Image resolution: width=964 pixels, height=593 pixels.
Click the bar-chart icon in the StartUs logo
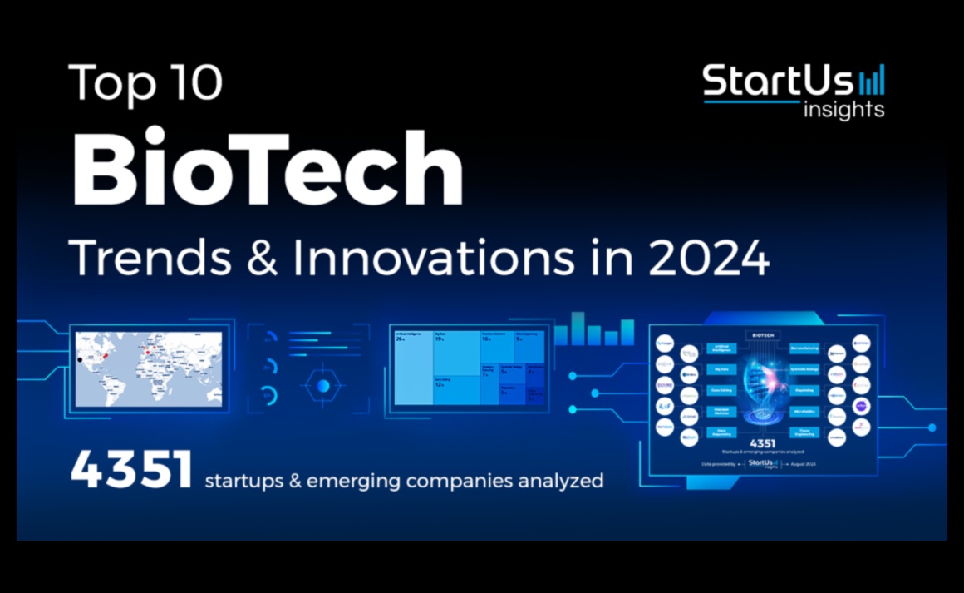tap(872, 80)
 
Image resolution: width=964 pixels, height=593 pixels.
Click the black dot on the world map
tap(80, 359)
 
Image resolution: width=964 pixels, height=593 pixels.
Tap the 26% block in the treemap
tap(413, 370)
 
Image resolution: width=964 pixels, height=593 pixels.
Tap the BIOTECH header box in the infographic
tap(762, 334)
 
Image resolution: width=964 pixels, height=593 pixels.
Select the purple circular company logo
tap(861, 406)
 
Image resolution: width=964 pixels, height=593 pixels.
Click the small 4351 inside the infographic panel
tap(762, 443)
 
